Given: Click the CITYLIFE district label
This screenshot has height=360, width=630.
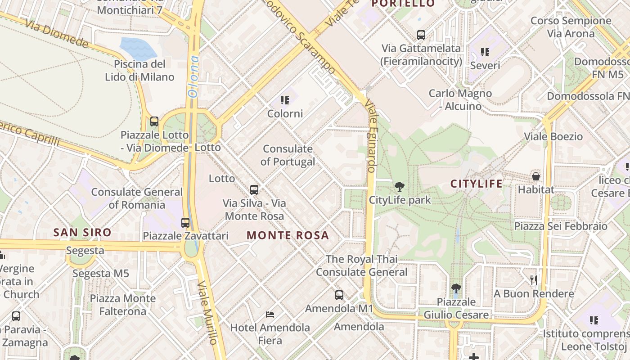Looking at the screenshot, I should click(x=477, y=184).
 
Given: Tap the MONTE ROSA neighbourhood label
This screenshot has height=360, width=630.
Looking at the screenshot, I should click(x=288, y=235).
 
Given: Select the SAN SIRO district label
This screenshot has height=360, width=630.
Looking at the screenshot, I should click(x=82, y=233).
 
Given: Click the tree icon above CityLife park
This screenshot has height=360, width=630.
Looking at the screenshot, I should click(x=399, y=187).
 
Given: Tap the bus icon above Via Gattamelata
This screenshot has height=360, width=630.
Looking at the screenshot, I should click(x=421, y=35).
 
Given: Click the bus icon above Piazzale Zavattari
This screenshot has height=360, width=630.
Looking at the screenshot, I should click(x=185, y=222).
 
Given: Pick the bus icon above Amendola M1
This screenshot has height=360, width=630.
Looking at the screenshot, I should click(x=339, y=295).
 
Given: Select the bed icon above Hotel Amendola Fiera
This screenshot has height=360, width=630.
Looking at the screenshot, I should click(x=270, y=314).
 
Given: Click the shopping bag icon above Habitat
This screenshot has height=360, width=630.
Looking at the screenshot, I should click(x=535, y=176).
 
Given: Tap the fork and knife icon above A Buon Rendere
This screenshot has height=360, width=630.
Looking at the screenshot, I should click(x=534, y=280).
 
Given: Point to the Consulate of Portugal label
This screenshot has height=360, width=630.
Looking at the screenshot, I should click(x=288, y=155).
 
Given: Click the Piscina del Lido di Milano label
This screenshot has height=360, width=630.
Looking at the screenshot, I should click(x=139, y=70).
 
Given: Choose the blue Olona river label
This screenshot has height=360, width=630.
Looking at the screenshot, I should click(x=193, y=77).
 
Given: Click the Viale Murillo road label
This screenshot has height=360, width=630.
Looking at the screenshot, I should click(x=209, y=313).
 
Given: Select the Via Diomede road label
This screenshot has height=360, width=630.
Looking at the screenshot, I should click(x=57, y=33).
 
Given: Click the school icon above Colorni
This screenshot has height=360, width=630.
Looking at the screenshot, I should click(x=285, y=100).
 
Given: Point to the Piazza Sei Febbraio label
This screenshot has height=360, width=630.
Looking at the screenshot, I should click(x=561, y=226).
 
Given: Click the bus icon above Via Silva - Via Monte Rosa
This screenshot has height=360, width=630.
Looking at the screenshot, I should click(x=254, y=189).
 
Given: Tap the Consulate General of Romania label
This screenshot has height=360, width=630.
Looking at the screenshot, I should click(x=137, y=198).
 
